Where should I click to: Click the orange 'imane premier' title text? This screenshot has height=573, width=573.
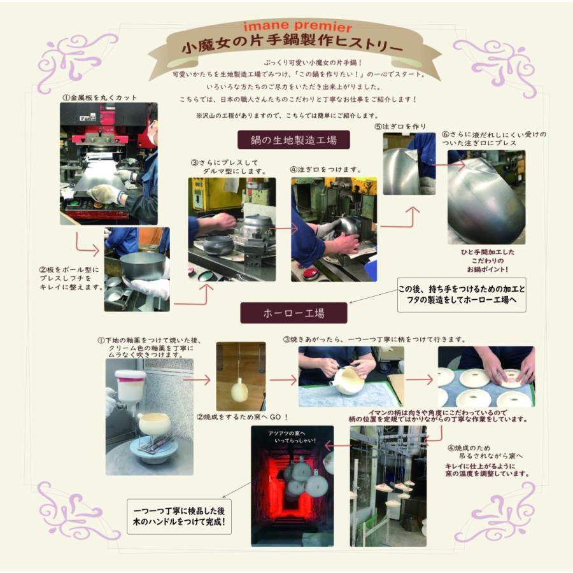pyautogui.click(x=297, y=26)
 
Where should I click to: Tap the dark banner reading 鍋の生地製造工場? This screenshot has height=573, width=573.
pyautogui.click(x=294, y=140)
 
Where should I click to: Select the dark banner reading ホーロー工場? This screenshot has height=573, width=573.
pyautogui.click(x=294, y=313)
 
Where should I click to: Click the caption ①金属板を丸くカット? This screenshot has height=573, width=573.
pyautogui.click(x=100, y=97)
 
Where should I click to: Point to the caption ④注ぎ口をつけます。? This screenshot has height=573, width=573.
pyautogui.click(x=325, y=169)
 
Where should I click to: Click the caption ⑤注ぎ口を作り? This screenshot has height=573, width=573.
pyautogui.click(x=400, y=127)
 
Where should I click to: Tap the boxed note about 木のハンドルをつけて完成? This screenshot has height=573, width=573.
pyautogui.click(x=179, y=516)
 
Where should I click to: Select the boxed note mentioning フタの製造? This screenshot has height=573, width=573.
pyautogui.click(x=462, y=295)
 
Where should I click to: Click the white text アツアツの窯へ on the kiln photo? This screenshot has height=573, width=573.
pyautogui.click(x=286, y=434)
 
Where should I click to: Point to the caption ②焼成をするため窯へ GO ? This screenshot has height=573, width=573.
pyautogui.click(x=243, y=417)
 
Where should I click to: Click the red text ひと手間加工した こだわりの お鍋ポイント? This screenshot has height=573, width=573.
pyautogui.click(x=488, y=260)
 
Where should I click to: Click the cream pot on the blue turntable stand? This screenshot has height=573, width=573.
pyautogui.click(x=154, y=424)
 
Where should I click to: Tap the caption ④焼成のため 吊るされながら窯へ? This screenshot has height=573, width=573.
pyautogui.click(x=485, y=451)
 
